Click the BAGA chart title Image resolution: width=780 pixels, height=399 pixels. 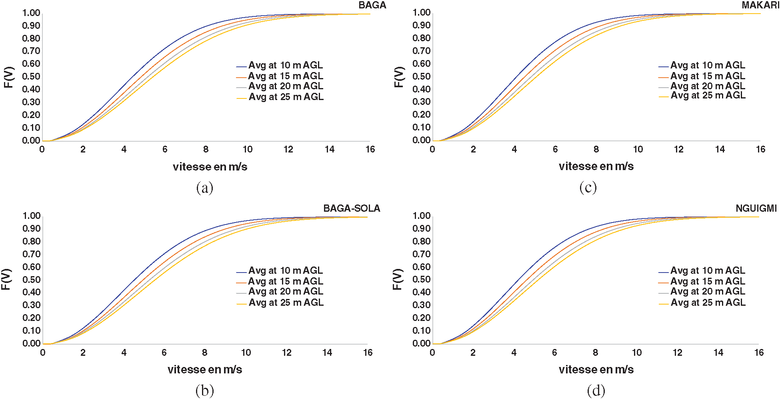tap(372, 5)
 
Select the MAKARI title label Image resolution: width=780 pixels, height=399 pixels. tap(760, 5)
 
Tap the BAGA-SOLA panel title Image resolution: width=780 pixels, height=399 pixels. tap(352, 208)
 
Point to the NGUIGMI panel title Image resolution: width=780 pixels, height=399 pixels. tap(756, 208)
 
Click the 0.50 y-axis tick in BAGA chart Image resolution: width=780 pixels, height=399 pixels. tap(31, 76)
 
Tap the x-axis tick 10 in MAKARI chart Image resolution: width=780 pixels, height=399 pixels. tap(638, 149)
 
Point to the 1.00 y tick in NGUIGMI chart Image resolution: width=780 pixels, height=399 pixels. tap(421, 216)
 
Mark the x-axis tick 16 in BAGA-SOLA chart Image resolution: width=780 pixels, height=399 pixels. tap(368, 353)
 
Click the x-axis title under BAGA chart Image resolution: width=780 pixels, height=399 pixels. tap(210, 166)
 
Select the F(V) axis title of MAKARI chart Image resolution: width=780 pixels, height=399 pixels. tap(399, 77)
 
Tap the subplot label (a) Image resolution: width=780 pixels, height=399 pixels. tap(204, 187)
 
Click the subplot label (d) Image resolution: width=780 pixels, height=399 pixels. tap(596, 390)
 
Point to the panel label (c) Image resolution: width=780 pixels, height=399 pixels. tap(588, 187)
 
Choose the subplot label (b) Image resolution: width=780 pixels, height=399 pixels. tap(204, 390)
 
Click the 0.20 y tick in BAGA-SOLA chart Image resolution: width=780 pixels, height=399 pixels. tap(31, 318)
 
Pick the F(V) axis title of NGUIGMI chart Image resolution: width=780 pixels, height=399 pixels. tap(397, 279)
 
